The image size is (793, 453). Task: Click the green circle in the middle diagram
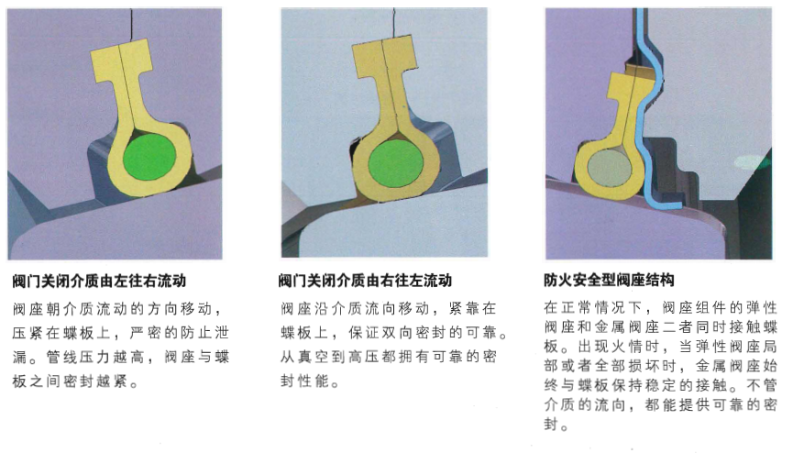[x=395, y=163]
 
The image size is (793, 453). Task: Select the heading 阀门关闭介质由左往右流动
[x=99, y=281]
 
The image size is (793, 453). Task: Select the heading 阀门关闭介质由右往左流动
[x=365, y=281]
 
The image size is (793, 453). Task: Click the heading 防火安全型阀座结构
[x=609, y=280]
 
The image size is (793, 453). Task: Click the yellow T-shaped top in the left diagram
[x=122, y=60]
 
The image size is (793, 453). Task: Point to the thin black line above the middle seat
[x=393, y=24]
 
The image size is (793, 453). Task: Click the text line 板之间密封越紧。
[x=75, y=381]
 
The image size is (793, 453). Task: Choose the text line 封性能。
[x=310, y=381]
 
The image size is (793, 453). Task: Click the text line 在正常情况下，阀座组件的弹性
[x=660, y=307]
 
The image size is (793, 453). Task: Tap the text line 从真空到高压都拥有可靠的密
[x=389, y=357]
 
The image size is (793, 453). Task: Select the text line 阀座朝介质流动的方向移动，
[x=117, y=308]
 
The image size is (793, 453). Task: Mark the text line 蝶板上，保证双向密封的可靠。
[x=394, y=333]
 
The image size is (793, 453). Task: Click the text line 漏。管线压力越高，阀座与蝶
[x=121, y=357]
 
